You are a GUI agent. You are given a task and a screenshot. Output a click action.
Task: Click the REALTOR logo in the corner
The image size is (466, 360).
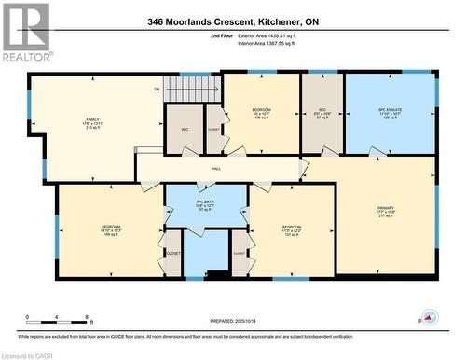click(x=26, y=32)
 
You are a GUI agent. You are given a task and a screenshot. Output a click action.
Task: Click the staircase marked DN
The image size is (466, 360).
click(x=192, y=90)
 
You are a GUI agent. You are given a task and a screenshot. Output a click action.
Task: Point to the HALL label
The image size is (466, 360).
click(x=215, y=169)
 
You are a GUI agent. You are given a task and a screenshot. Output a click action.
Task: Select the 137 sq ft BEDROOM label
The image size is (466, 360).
click(x=291, y=229)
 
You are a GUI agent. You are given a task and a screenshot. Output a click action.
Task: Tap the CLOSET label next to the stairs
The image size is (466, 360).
click(x=212, y=130)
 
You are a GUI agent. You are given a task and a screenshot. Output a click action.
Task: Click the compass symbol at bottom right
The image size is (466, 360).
click(x=429, y=317)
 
